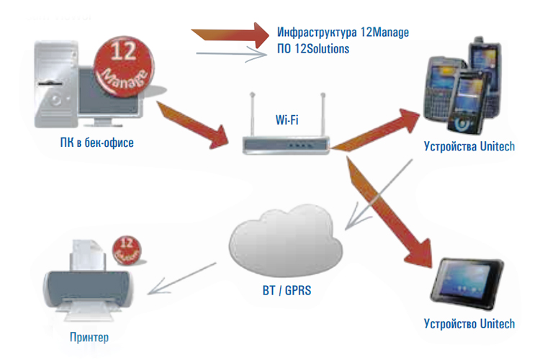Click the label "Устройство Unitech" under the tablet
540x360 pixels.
(469, 323)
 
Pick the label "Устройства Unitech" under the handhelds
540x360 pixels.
(469, 147)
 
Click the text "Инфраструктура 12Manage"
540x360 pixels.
(343, 33)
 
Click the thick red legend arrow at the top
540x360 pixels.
(230, 33)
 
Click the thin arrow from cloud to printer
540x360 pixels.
(187, 281)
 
